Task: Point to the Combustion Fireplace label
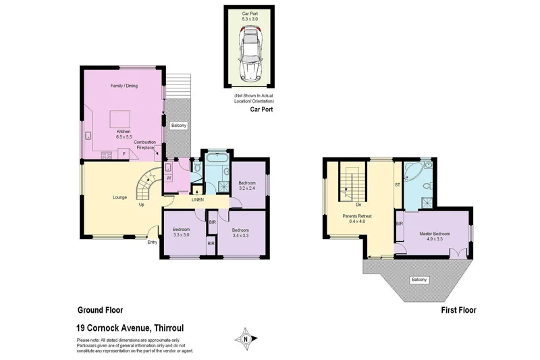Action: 145,145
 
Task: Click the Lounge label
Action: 121,197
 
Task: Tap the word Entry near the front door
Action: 152,242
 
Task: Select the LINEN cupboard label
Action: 198,200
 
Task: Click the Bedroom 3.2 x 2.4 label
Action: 248,186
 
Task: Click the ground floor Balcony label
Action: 179,126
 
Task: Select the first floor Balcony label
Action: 420,280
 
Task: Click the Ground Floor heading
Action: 101,311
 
